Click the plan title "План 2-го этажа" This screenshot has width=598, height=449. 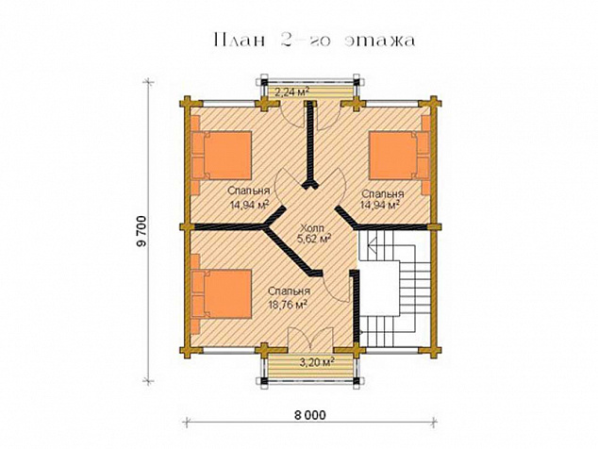click(315, 40)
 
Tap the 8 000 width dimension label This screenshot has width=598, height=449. click(310, 415)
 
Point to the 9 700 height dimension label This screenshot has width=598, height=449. click(141, 231)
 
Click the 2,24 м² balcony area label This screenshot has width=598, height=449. click(291, 91)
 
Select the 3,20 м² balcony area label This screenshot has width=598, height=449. click(317, 361)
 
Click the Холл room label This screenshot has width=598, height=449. click(311, 228)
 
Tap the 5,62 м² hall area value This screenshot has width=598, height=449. click(313, 239)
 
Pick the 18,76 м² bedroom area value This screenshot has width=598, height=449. click(288, 305)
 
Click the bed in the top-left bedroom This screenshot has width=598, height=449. click(222, 155)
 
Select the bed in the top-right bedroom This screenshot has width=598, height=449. click(400, 155)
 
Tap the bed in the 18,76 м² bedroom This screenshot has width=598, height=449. click(222, 293)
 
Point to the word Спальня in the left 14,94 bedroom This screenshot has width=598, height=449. click(249, 191)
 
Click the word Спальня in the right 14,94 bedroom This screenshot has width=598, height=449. click(382, 194)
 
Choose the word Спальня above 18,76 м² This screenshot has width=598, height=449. click(289, 291)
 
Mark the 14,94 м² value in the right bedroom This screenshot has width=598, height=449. click(380, 206)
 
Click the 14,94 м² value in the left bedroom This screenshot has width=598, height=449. click(249, 205)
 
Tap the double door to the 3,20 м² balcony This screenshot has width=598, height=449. click(311, 340)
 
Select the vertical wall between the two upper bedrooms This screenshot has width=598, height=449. click(310, 145)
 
